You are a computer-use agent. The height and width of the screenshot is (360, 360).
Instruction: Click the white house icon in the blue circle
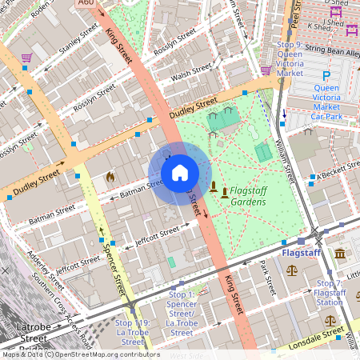[x=180, y=173]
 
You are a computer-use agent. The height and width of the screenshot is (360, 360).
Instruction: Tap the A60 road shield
[x=86, y=4]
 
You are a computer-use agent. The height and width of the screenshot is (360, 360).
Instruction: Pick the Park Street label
[x=267, y=282]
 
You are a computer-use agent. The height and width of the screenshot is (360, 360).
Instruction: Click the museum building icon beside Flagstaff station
[x=340, y=254]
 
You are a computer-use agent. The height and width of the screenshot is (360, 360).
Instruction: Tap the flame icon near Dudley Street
[x=110, y=177]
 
